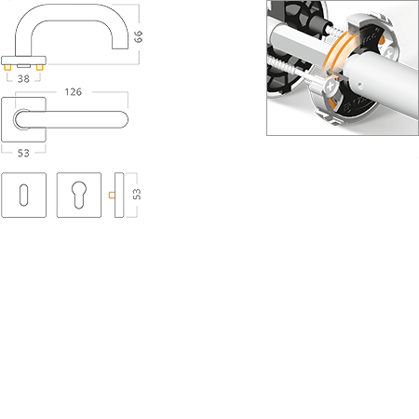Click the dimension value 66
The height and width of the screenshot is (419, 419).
point(138,36)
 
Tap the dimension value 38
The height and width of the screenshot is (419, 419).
point(23,79)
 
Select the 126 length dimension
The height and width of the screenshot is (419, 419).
point(74,92)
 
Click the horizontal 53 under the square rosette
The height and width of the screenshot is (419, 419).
point(23,153)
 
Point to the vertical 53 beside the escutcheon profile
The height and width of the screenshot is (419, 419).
point(137,195)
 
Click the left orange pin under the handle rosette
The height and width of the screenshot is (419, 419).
point(7,67)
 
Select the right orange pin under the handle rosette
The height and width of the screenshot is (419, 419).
point(39,67)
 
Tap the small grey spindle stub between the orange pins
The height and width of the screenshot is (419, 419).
point(23,66)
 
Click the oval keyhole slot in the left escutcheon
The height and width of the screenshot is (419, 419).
point(23,195)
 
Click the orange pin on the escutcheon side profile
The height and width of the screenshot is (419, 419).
point(112,195)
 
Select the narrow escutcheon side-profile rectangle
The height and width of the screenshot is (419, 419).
point(119,195)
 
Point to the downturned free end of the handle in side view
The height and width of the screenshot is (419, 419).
point(120,46)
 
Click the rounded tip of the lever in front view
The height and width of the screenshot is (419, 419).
point(124,120)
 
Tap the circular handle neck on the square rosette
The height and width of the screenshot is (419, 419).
point(20,119)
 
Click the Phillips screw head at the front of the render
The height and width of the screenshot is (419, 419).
point(331,86)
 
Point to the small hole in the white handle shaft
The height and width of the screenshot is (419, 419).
point(359,84)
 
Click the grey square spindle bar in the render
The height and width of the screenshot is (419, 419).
point(298,43)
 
